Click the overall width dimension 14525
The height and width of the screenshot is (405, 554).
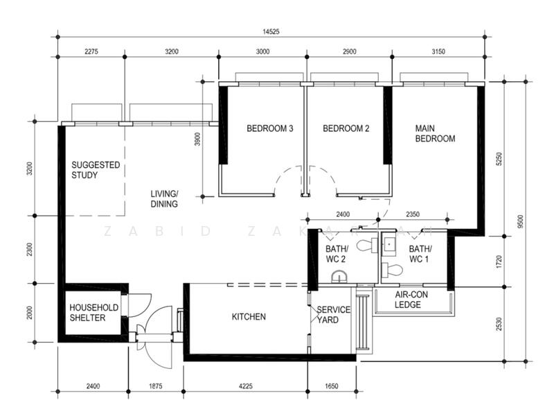coord(271,31)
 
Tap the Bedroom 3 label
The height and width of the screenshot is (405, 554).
coord(270,128)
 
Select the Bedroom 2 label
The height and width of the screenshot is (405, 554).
coord(346,128)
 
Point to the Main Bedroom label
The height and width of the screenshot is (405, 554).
coord(435,133)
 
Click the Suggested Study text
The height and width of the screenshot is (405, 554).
coord(96,170)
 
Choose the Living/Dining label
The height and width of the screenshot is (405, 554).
coord(164,199)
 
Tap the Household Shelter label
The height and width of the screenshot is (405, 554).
coord(93,313)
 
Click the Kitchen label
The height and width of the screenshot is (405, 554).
coord(249,316)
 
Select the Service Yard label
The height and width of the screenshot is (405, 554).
coord(333,315)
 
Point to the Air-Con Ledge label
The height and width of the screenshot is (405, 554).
coord(411,300)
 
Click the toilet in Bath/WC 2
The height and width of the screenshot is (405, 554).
coord(367,245)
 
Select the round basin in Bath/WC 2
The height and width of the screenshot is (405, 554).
coord(339,277)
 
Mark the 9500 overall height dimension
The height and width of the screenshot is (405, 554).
coord(520,221)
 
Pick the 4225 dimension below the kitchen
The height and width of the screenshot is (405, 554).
coord(246,386)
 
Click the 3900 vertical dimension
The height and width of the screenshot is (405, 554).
coord(197,139)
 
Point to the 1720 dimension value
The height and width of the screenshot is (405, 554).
coord(499,261)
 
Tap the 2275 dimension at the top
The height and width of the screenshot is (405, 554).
coord(91,51)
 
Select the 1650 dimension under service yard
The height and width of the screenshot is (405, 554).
coord(332,386)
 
